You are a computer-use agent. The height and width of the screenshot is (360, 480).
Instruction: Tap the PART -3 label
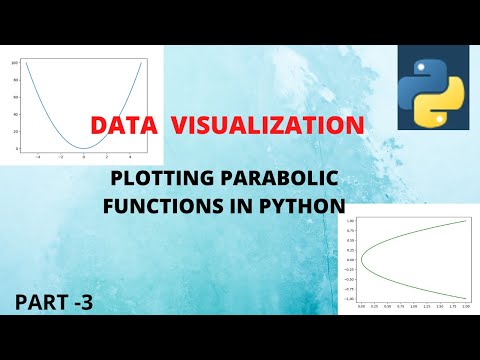[53, 299]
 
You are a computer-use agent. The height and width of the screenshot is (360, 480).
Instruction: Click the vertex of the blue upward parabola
[87, 147]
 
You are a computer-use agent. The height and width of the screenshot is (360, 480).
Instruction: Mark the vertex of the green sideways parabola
[362, 259]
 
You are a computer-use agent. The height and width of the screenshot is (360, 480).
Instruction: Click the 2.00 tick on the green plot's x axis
[465, 309]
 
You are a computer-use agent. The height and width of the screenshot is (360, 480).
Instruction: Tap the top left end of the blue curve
[27, 64]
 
